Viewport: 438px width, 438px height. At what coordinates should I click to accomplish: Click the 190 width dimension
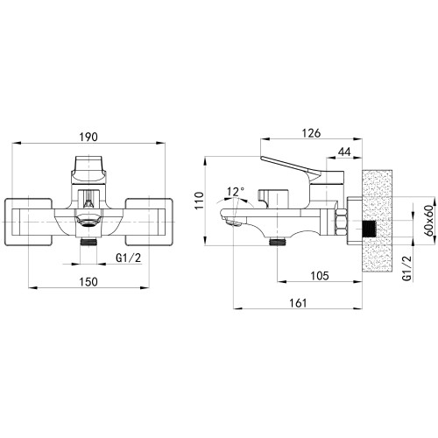[88, 137]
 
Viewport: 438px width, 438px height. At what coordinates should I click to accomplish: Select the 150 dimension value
[88, 282]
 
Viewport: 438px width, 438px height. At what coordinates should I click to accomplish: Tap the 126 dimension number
[311, 133]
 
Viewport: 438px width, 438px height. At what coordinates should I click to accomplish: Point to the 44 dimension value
[344, 152]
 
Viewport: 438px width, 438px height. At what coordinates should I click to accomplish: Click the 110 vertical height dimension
[199, 201]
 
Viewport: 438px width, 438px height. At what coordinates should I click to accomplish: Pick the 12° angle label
[236, 192]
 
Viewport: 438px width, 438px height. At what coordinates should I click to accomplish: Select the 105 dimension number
[320, 276]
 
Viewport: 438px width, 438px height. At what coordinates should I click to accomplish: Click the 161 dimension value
[298, 303]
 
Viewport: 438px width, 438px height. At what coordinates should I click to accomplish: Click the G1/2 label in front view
[129, 258]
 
